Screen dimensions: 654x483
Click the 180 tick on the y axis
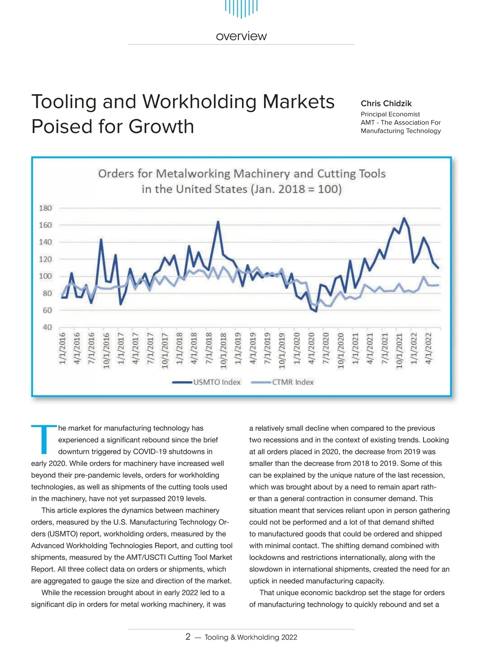click(45, 208)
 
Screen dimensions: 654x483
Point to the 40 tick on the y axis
click(47, 327)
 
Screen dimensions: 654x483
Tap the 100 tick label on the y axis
click(45, 276)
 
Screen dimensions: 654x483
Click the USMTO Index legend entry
click(217, 382)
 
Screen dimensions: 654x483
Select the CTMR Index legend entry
click(293, 382)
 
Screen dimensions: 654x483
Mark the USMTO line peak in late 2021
click(404, 218)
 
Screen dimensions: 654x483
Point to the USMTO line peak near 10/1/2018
click(218, 222)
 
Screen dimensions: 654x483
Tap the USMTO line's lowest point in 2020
click(316, 311)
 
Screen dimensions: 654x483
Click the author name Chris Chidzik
click(386, 103)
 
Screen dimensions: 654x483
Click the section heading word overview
click(241, 36)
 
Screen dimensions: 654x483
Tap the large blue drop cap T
click(43, 439)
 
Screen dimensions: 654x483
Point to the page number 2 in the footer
click(188, 637)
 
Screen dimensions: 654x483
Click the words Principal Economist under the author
click(390, 114)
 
